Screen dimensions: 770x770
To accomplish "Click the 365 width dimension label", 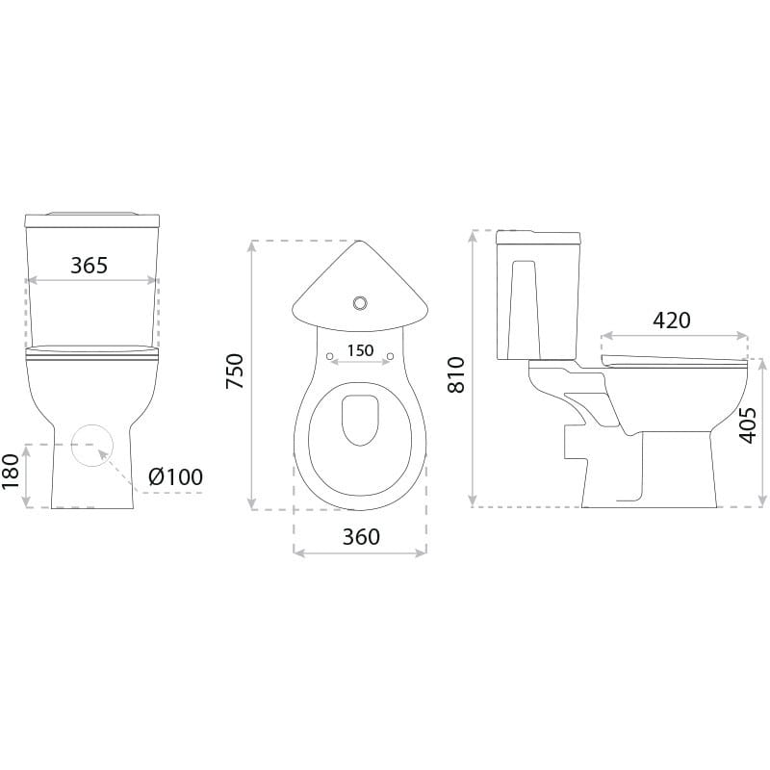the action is [89, 266].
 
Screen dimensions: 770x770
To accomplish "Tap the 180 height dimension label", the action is [11, 472].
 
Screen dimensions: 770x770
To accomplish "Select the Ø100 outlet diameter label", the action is [175, 476].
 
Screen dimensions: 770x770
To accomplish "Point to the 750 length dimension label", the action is [235, 372].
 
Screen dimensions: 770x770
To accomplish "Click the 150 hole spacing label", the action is [360, 350].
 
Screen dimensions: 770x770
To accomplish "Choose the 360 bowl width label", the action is [361, 537].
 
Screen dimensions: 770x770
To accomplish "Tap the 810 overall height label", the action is [456, 374].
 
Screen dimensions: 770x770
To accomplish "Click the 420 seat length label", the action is [672, 321].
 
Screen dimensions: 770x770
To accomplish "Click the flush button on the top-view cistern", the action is [360, 303].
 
